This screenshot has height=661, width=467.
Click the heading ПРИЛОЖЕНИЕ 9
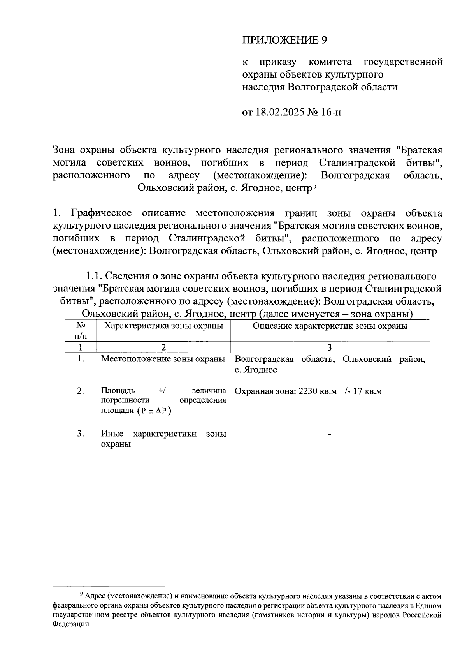click(x=284, y=40)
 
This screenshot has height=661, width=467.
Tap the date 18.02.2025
click(x=280, y=113)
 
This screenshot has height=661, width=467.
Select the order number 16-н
click(x=331, y=113)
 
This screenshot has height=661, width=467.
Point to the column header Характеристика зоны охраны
click(x=163, y=326)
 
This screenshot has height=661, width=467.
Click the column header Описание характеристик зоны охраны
click(x=330, y=326)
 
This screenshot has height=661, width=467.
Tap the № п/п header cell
click(x=81, y=330)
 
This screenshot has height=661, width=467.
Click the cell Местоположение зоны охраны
click(x=163, y=359)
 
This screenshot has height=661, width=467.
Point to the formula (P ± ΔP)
click(x=154, y=411)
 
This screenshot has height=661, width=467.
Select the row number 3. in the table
click(x=81, y=434)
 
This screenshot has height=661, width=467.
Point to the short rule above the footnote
click(x=109, y=586)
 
